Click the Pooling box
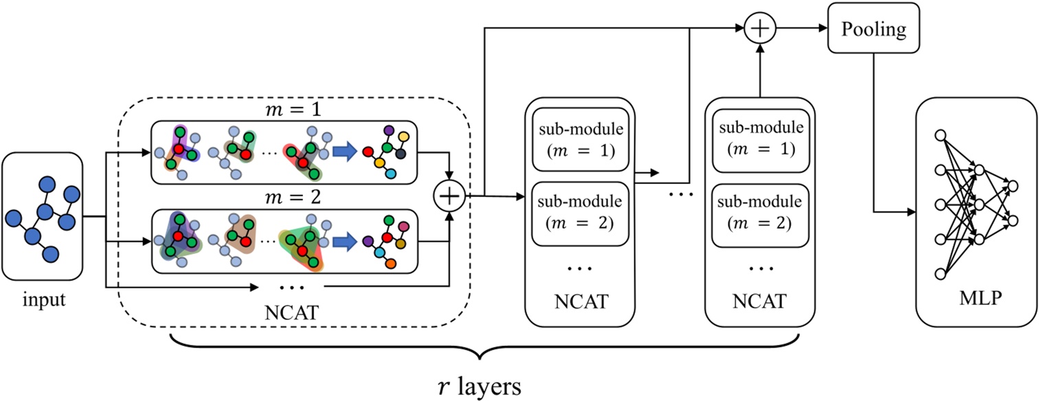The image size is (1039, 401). point(873,30)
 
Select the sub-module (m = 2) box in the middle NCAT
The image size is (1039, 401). point(579,212)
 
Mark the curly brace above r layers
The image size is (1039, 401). point(484,346)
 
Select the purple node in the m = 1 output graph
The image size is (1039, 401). point(389,130)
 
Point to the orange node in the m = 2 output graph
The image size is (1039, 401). point(390,264)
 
